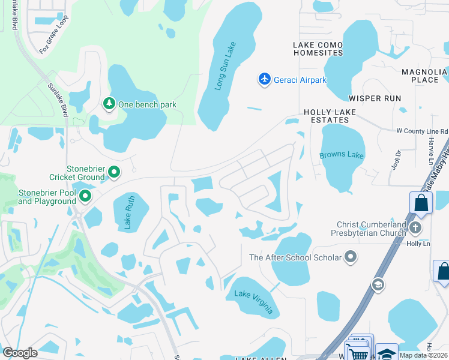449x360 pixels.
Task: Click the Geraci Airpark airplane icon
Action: tap(265, 79)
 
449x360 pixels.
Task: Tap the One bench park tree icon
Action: tap(109, 104)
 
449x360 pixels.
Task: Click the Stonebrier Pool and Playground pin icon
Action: tap(85, 196)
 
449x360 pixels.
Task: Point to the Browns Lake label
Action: tap(342, 155)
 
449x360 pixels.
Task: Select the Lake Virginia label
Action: tap(254, 302)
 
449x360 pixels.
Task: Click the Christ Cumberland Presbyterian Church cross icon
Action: tap(415, 229)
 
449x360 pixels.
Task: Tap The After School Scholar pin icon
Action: tap(351, 257)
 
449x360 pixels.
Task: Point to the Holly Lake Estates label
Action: tap(330, 116)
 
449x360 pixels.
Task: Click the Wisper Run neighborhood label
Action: tap(375, 98)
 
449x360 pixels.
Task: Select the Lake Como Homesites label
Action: tap(318, 49)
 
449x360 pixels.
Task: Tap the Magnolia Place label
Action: tap(424, 76)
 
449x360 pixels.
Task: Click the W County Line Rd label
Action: tap(422, 131)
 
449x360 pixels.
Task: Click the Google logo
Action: tap(20, 352)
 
